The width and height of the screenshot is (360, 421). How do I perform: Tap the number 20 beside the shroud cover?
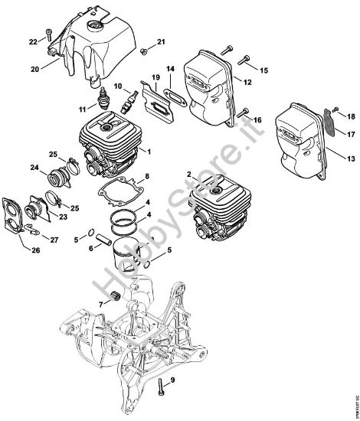coord(34,69)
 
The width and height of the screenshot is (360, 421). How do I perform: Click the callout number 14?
coord(171,68)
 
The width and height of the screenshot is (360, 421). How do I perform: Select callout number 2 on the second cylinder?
coord(188,175)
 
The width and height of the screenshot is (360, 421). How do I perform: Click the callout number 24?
coord(33,167)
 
